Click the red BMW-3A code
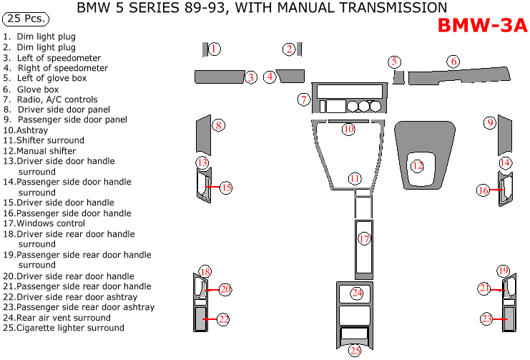click(x=481, y=26)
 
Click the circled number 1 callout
click(x=214, y=49)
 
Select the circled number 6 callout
click(x=453, y=62)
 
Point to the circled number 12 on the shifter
click(x=418, y=166)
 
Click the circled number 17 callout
click(x=364, y=239)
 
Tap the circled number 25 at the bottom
click(x=355, y=350)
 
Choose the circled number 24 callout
click(x=356, y=293)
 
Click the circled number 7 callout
click(x=304, y=100)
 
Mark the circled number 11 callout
click(x=355, y=178)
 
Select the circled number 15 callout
click(x=225, y=188)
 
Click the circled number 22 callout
click(x=223, y=319)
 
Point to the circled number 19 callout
click(x=503, y=271)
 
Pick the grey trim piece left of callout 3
click(x=218, y=77)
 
